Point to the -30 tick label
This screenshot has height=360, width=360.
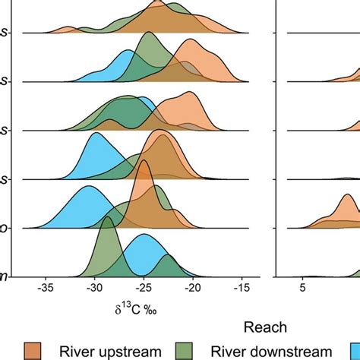94,289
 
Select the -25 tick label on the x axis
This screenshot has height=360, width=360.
144,289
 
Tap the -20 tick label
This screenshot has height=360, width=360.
192,289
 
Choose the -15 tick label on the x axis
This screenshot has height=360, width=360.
242,289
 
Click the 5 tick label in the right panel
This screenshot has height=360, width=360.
302,289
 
